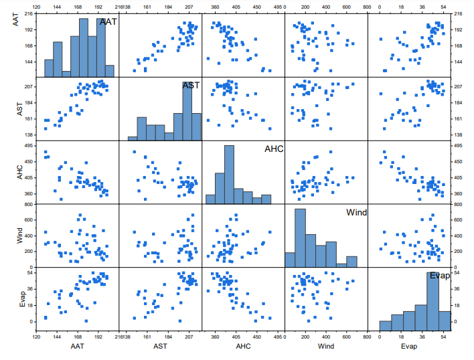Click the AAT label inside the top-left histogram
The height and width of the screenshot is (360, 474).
[108, 22]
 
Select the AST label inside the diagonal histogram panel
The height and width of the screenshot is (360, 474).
[191, 86]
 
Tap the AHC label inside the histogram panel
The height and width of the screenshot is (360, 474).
[274, 149]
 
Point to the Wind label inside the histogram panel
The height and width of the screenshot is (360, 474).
[356, 212]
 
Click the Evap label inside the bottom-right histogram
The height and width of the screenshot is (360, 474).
[439, 276]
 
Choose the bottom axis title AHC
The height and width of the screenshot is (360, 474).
[243, 347]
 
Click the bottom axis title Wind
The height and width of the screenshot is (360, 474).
[326, 347]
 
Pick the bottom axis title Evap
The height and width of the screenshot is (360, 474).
[410, 347]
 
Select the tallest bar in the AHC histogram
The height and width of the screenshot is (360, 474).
[229, 174]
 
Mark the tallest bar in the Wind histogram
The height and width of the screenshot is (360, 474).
[301, 238]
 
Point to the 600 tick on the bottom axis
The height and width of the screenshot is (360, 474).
[346, 339]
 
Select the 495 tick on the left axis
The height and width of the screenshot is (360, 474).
[27, 145]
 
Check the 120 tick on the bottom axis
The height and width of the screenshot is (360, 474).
[36, 339]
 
